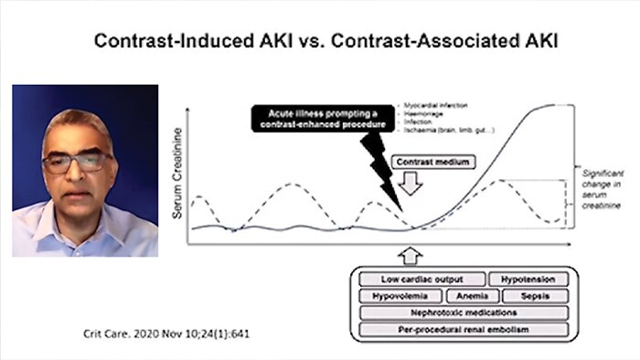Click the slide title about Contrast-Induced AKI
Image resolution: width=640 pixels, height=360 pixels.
[x=319, y=43]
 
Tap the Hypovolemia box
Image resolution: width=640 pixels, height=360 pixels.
[x=400, y=296]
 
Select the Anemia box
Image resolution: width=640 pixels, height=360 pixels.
[x=474, y=296]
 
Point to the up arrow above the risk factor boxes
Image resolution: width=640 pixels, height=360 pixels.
[x=410, y=254]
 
